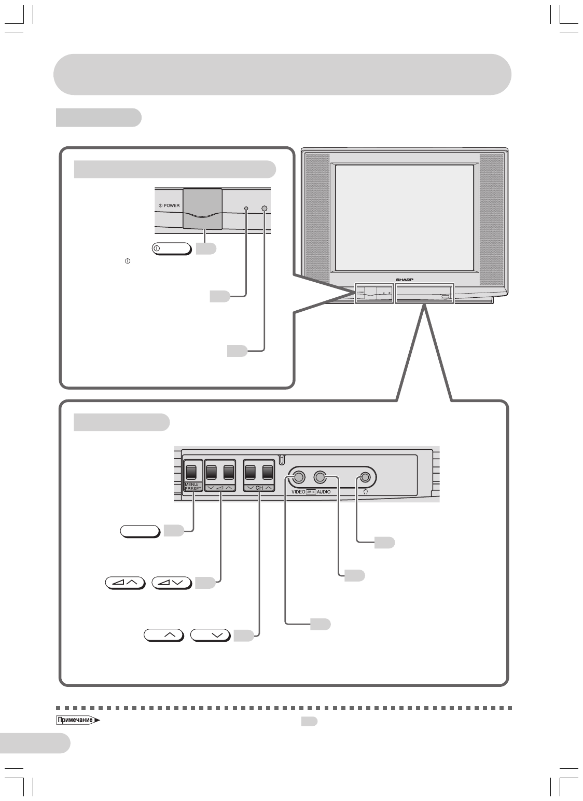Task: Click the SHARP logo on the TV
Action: pyautogui.click(x=406, y=279)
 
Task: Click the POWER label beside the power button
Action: pyautogui.click(x=169, y=205)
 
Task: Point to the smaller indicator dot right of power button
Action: pyautogui.click(x=246, y=209)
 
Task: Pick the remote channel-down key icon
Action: pyautogui.click(x=210, y=634)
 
